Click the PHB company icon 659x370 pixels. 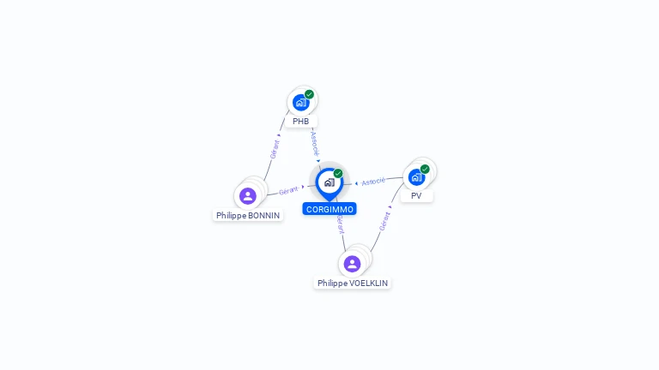point(300,103)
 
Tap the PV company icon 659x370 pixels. point(416,177)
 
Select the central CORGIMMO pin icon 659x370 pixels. point(329,182)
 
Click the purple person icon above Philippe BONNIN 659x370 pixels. point(248,196)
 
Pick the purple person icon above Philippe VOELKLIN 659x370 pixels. point(352,264)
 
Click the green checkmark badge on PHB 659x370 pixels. point(309,94)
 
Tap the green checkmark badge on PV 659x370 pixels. point(425,169)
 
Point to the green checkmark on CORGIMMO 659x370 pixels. point(338,173)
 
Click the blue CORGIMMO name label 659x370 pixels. point(329,209)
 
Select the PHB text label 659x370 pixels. point(300,122)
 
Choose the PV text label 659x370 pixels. point(416,196)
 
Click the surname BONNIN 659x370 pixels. point(264,216)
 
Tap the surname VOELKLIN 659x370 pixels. point(369,283)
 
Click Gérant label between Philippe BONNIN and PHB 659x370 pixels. point(275,149)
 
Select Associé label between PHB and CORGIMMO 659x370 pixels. point(315,142)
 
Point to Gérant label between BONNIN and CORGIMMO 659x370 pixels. point(288,190)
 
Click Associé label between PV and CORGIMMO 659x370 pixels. point(373,182)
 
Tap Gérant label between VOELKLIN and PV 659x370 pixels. point(384,220)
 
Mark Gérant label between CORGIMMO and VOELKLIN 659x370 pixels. point(341,225)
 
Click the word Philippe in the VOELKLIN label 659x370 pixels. point(332,283)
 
